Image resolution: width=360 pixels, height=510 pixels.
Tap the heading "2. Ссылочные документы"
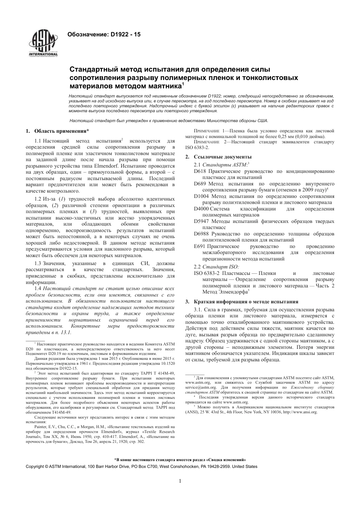[218, 157]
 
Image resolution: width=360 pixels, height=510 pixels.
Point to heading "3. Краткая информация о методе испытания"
[241, 301]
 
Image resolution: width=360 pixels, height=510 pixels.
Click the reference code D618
[200, 171]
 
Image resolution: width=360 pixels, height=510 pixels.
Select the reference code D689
[200, 184]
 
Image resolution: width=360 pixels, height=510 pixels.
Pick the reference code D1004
[201, 196]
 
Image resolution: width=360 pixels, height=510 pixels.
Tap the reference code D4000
[201, 209]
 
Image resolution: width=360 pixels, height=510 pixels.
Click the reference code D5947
[201, 221]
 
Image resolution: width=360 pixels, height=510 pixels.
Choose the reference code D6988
[201, 234]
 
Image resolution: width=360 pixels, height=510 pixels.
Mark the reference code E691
[199, 246]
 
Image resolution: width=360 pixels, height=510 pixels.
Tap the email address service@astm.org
[200, 388]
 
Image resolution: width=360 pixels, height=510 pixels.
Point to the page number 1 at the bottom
[180, 481]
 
